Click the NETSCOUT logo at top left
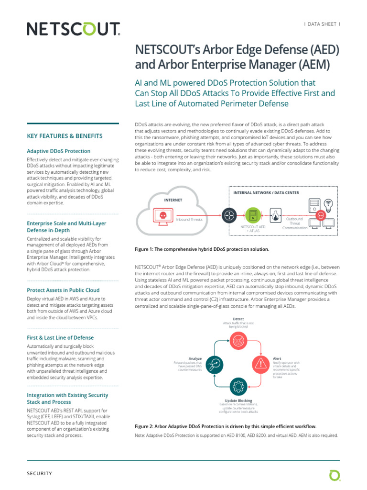(73, 30)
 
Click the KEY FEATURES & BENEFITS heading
(65, 136)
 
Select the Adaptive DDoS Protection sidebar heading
(59, 151)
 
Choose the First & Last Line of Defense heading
(60, 337)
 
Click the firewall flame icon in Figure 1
(276, 215)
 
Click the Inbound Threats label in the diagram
(190, 220)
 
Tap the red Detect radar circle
(238, 340)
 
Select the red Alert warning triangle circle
(261, 364)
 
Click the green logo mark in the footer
(335, 475)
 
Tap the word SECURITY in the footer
(39, 473)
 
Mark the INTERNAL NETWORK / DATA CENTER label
(266, 193)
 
